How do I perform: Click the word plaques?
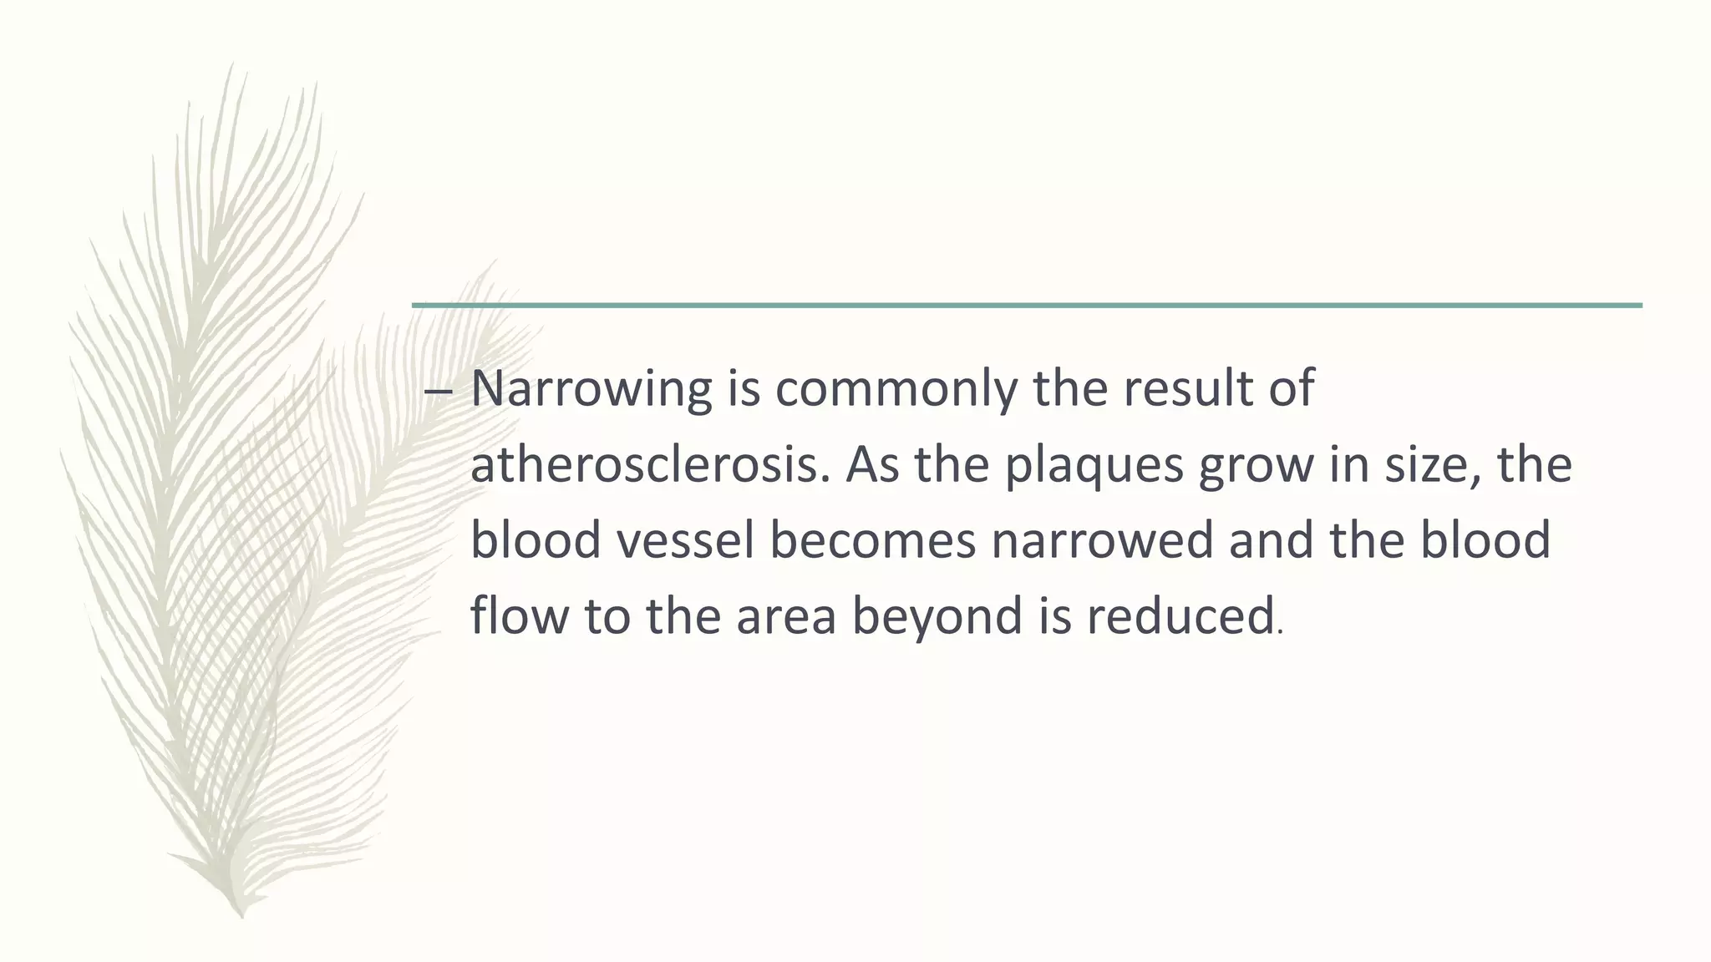1094,466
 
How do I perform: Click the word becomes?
872,539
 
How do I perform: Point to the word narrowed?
1102,539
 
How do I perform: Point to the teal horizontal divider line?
1027,305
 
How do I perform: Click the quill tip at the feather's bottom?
241,914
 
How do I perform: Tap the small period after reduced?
1280,632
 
